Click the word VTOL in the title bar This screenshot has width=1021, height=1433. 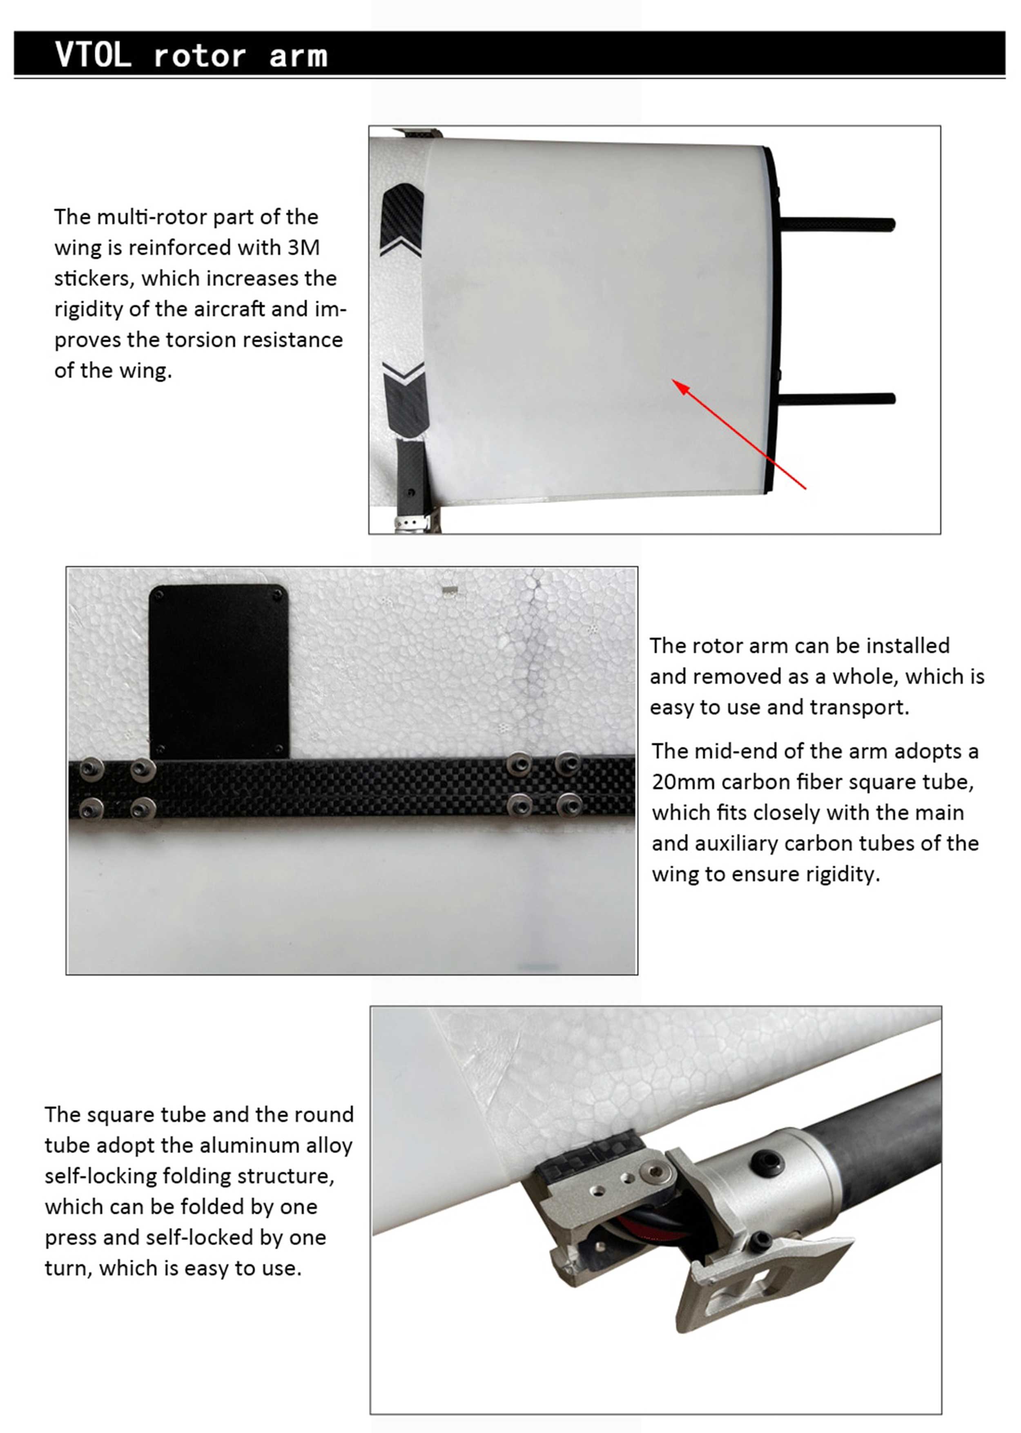click(x=93, y=55)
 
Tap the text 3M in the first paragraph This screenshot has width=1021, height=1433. click(x=304, y=248)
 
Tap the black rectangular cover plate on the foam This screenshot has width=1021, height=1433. click(x=219, y=673)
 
